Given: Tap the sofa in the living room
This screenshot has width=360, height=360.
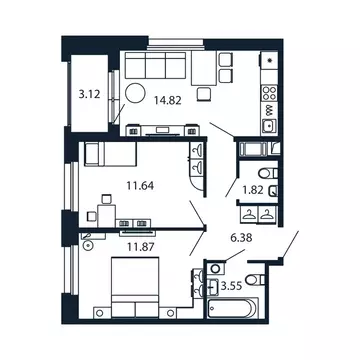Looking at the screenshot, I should point(151,69).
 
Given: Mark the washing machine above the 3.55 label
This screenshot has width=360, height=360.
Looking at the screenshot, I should point(215,271).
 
